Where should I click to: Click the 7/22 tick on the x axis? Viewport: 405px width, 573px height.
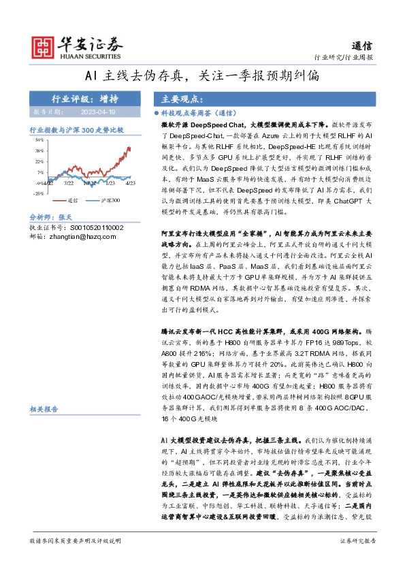tap(69, 183)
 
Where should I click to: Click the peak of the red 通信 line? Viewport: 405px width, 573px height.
tap(129, 147)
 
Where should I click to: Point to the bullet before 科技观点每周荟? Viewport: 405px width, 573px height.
tap(157, 114)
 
